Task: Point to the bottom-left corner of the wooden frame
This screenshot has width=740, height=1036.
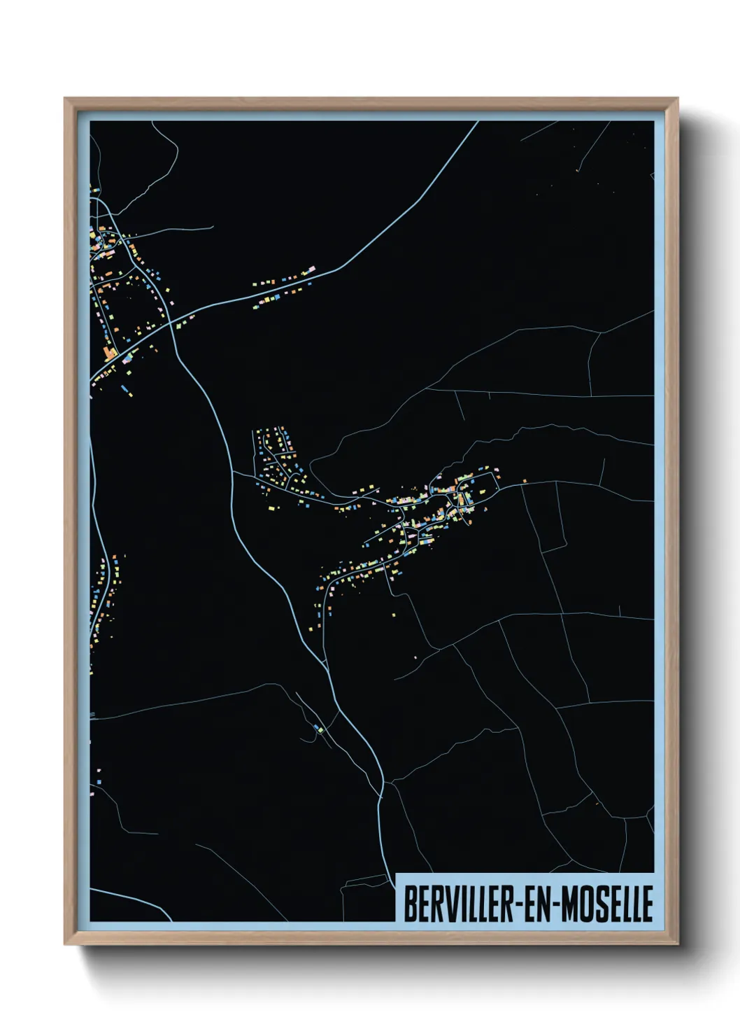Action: (x=65, y=944)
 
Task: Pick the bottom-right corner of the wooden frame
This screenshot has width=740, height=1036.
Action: (x=678, y=944)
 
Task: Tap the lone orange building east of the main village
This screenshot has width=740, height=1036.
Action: (x=524, y=481)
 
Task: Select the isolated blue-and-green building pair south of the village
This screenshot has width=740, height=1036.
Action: (x=320, y=729)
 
